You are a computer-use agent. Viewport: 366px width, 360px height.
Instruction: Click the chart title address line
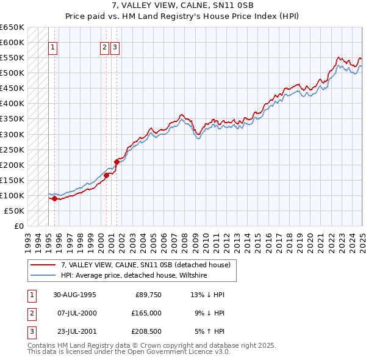(183, 5)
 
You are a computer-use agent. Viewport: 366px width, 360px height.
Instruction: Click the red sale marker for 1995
(54, 198)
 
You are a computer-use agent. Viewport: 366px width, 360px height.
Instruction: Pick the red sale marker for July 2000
(106, 175)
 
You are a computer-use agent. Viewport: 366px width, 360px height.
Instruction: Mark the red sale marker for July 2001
(117, 162)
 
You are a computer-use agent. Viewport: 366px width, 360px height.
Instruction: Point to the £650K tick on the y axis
(12, 27)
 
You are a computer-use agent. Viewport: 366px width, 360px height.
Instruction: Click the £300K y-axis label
(12, 134)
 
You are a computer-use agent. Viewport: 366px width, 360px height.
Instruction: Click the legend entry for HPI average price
(134, 276)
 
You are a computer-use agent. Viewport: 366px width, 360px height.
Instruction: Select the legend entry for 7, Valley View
(145, 265)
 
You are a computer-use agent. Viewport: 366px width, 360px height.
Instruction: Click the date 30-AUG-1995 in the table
(74, 295)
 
